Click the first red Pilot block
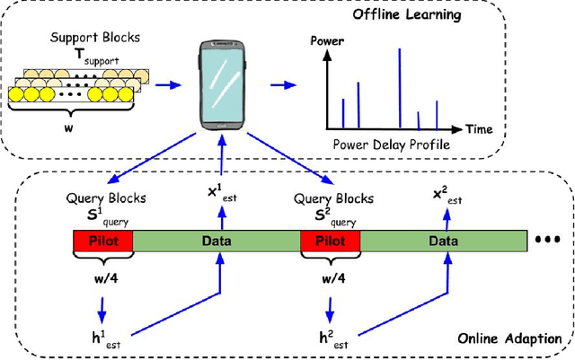(x=102, y=241)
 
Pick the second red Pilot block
(x=330, y=241)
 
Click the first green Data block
(x=216, y=241)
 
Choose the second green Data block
(x=443, y=241)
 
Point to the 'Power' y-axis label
(x=326, y=41)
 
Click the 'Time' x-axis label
(x=480, y=130)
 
